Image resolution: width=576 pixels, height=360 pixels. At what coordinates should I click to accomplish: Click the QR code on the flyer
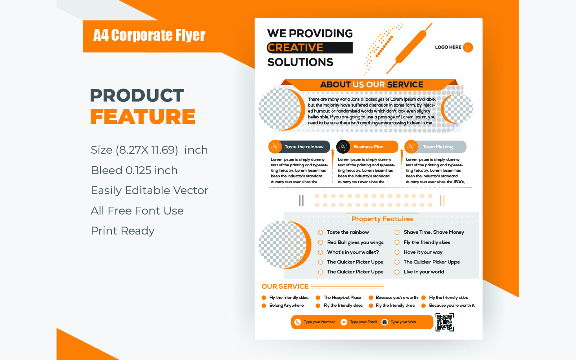tap(445, 322)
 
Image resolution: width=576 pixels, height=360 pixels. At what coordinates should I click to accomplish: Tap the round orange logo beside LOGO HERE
tap(468, 47)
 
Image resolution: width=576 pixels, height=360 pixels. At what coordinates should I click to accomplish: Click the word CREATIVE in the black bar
tap(295, 48)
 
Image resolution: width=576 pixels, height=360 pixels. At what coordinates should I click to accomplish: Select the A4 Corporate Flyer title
tap(149, 35)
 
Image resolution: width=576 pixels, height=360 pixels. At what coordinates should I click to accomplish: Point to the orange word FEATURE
tap(143, 117)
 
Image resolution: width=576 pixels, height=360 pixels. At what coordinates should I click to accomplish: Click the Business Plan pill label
tap(369, 147)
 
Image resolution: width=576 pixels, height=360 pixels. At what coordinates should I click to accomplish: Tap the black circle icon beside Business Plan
tap(343, 147)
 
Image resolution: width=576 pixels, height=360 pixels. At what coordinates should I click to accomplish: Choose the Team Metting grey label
tap(438, 147)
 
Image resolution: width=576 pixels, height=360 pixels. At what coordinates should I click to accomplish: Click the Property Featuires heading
tap(382, 219)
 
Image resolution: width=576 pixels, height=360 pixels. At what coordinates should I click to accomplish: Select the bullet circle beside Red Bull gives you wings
tap(320, 243)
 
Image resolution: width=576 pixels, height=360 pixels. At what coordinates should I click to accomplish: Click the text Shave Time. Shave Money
tap(434, 232)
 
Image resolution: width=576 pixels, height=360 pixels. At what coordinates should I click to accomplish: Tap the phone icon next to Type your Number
tap(297, 322)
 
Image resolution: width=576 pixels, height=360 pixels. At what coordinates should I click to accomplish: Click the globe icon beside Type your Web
tap(384, 322)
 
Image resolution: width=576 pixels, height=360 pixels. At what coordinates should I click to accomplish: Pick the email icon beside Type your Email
tap(344, 322)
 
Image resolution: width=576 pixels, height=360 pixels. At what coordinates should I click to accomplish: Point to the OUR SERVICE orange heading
tap(285, 287)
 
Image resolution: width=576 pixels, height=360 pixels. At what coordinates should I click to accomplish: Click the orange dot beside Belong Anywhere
tap(264, 306)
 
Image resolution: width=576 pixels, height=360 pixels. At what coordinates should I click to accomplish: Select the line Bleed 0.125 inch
tap(134, 170)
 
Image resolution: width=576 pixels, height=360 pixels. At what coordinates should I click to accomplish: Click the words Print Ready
tap(123, 231)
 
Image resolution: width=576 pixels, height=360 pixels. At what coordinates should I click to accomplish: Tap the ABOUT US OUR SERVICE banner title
tap(372, 85)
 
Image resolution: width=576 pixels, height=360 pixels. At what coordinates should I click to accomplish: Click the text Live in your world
tap(424, 272)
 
